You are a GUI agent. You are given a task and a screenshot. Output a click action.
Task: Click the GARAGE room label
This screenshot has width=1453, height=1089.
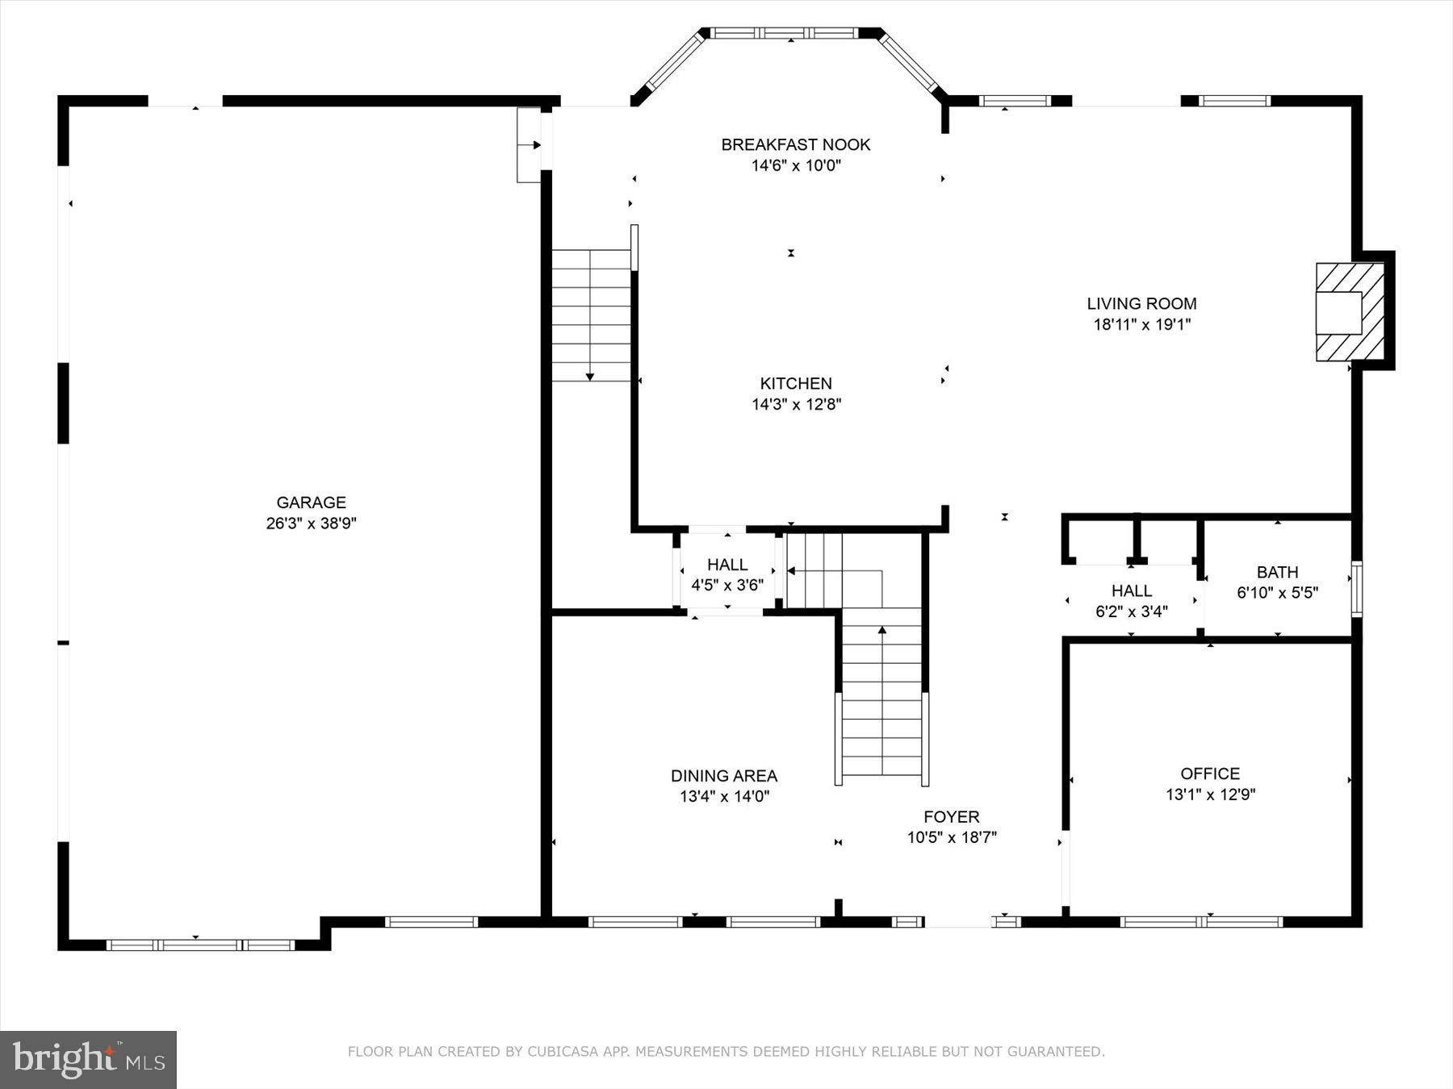click(x=311, y=503)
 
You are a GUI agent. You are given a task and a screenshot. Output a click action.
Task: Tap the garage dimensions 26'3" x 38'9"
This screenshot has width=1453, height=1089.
click(x=311, y=524)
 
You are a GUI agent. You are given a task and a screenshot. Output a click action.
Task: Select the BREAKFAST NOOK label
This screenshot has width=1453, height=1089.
click(x=795, y=144)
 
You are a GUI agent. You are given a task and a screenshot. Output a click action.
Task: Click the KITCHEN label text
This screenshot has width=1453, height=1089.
click(x=795, y=383)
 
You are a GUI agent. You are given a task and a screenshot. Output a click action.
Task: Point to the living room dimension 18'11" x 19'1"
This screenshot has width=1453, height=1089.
click(x=1141, y=324)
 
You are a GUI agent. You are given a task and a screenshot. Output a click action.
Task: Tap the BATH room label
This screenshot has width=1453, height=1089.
click(x=1277, y=572)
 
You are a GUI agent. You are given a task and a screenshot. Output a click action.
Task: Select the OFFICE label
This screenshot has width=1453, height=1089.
click(x=1209, y=774)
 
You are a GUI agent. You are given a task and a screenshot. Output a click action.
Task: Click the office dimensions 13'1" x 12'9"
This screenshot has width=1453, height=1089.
click(x=1209, y=795)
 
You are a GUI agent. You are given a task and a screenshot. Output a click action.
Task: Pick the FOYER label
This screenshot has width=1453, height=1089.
click(x=951, y=816)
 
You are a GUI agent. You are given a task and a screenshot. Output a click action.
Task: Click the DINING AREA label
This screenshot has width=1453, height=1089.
click(x=723, y=776)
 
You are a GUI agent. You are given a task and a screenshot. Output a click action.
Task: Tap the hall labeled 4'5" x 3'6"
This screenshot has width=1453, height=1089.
click(x=726, y=574)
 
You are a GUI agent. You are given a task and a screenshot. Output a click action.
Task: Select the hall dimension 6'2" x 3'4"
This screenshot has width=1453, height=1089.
click(x=1131, y=611)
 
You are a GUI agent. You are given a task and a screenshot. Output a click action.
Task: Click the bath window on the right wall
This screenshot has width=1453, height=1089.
click(x=1357, y=589)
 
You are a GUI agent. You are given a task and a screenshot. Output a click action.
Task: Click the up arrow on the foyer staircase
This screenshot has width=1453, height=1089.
click(x=881, y=632)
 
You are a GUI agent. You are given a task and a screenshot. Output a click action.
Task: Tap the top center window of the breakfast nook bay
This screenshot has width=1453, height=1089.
click(x=788, y=33)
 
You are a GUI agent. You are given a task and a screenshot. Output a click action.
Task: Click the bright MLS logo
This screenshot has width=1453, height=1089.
click(x=88, y=1059)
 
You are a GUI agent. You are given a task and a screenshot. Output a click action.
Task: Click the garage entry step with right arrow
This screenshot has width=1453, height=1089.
click(x=530, y=145)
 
